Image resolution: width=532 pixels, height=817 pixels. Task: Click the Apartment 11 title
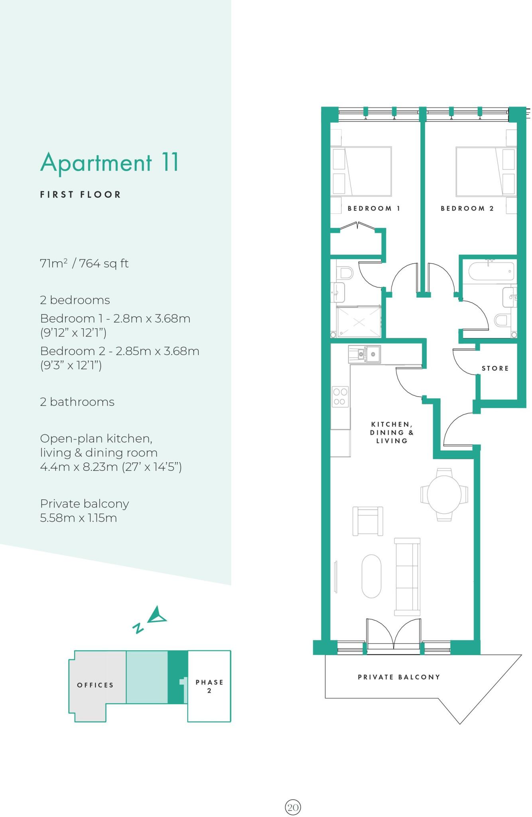click(110, 162)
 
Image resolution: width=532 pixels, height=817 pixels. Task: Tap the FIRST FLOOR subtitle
click(80, 195)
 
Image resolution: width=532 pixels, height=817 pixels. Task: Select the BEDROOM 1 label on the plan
click(374, 208)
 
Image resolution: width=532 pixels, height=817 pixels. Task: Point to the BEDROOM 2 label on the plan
click(467, 208)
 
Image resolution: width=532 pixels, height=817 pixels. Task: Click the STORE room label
click(495, 368)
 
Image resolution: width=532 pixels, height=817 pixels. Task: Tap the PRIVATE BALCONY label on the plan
click(399, 677)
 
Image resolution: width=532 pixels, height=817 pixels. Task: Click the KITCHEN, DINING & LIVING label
click(392, 432)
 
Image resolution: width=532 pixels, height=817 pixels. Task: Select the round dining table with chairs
click(444, 495)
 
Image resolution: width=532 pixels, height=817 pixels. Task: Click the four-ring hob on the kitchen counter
click(340, 397)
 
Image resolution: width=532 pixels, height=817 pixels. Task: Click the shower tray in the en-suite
click(359, 322)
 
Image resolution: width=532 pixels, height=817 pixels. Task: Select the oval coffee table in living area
click(371, 576)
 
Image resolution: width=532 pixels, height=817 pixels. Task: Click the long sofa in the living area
click(407, 576)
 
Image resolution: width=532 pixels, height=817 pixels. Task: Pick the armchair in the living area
click(368, 521)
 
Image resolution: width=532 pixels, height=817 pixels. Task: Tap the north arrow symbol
click(157, 616)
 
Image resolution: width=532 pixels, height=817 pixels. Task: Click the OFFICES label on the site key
click(95, 685)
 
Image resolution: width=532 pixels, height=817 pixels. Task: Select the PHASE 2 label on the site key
click(209, 686)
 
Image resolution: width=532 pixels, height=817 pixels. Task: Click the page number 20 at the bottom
click(293, 807)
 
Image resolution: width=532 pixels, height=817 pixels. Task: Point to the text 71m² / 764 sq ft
click(84, 263)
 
